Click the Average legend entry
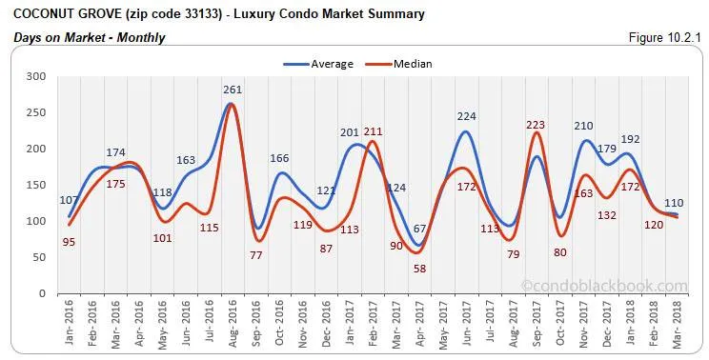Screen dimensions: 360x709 (318, 64)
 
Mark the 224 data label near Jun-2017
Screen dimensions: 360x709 (466, 117)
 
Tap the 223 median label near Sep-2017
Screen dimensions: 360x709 (536, 124)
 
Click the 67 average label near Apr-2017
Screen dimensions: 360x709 (419, 228)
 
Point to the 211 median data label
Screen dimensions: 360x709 (372, 131)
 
